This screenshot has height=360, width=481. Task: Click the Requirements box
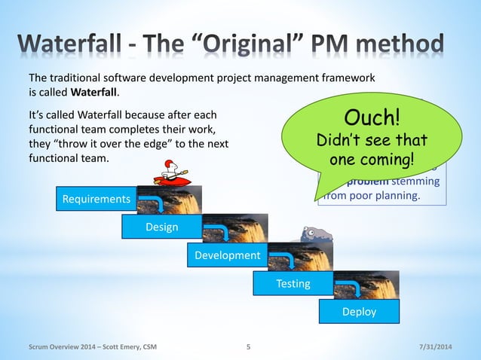point(95,200)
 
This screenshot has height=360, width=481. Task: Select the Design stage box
point(161,227)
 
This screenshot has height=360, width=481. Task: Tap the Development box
point(227,255)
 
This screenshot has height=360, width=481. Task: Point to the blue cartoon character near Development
point(312,236)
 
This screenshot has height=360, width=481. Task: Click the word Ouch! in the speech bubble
point(370,118)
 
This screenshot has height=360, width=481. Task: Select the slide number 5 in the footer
point(249,347)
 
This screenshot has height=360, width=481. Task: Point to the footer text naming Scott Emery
point(93,347)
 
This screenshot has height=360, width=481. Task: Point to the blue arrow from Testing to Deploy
point(351,286)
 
